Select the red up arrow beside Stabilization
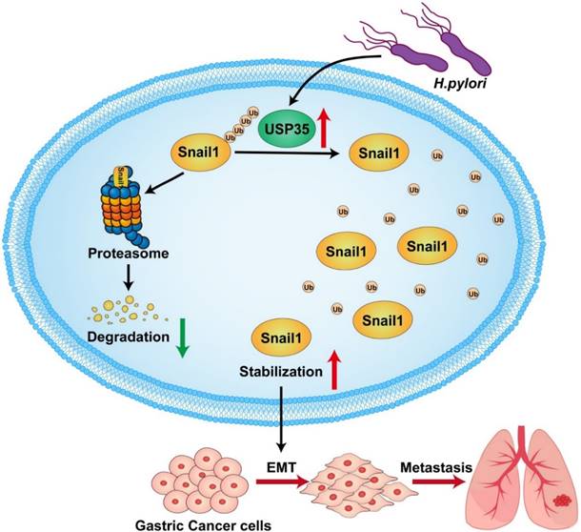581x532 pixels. tap(333, 365)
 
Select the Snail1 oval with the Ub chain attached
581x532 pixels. tap(201, 151)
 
